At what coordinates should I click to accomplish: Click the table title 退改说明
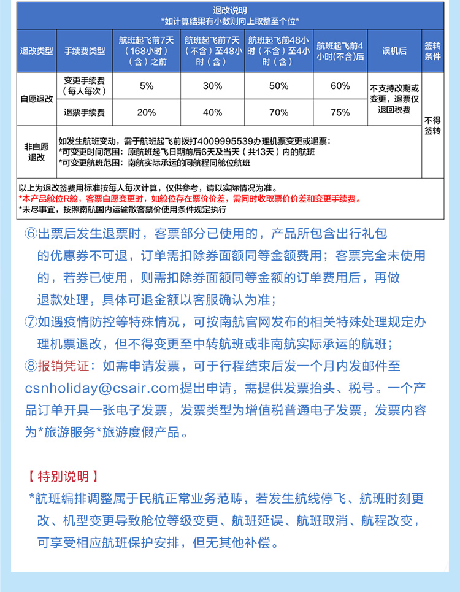click(x=229, y=10)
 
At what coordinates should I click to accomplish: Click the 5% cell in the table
click(x=147, y=86)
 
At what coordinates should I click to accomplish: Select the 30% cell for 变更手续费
click(x=212, y=86)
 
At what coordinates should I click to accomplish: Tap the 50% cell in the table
click(x=278, y=86)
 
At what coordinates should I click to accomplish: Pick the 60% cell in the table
click(x=340, y=86)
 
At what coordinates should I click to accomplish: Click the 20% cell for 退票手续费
click(x=147, y=112)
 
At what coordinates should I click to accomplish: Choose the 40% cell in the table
click(x=212, y=112)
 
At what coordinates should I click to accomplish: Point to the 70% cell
click(x=278, y=112)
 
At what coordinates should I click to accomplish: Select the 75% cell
click(x=340, y=112)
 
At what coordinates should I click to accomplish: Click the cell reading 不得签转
click(x=432, y=125)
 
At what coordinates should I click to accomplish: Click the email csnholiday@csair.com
click(x=101, y=388)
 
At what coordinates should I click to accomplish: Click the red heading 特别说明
click(x=63, y=477)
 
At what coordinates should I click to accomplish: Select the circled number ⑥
click(x=31, y=234)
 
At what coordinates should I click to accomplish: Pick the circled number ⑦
click(x=31, y=322)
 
